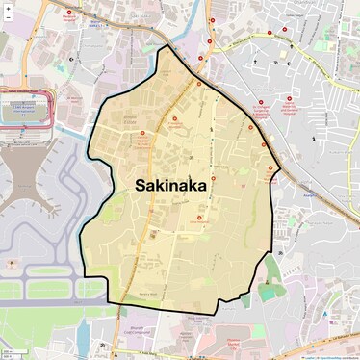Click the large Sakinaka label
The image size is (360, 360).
tap(170, 185)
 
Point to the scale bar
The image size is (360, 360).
tap(10, 353)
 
